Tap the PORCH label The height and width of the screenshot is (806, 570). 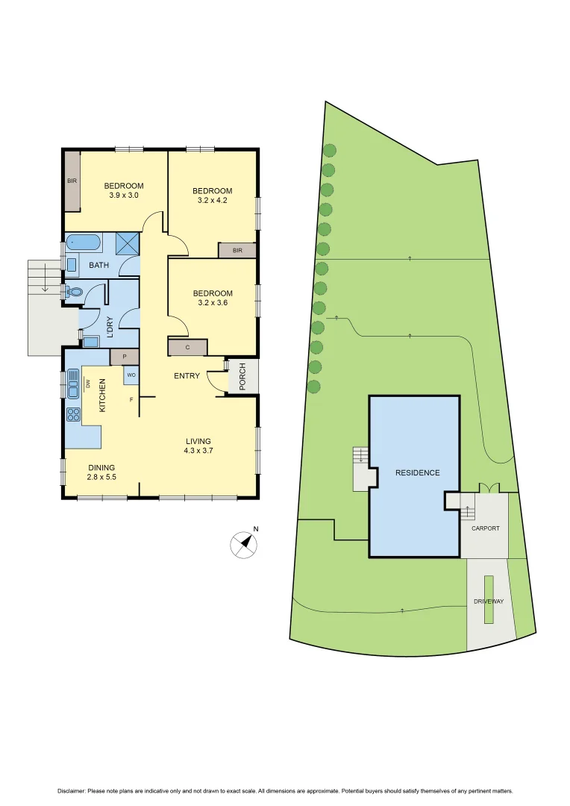point(242,377)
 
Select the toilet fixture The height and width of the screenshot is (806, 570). point(73,292)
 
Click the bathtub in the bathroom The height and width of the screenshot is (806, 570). point(83,243)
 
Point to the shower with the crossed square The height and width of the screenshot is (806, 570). point(127,243)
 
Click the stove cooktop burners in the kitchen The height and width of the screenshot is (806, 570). point(74,414)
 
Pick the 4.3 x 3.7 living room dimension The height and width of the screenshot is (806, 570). point(198,451)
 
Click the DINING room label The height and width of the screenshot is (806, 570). point(81,468)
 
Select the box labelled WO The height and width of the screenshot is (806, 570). point(131,375)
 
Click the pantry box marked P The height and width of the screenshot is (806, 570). point(125,357)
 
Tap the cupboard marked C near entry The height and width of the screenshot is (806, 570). point(187,347)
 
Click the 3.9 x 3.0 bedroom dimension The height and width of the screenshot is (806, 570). point(124,196)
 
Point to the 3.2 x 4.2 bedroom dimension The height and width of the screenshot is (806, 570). point(213,200)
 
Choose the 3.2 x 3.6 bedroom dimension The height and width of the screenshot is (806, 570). point(213,303)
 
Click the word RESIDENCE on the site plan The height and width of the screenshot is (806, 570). point(417,472)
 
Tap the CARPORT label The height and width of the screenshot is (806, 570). point(485,528)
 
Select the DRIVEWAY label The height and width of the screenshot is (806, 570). point(489,601)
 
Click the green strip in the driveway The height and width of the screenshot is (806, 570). point(489,599)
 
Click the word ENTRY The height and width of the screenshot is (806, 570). point(187,375)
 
